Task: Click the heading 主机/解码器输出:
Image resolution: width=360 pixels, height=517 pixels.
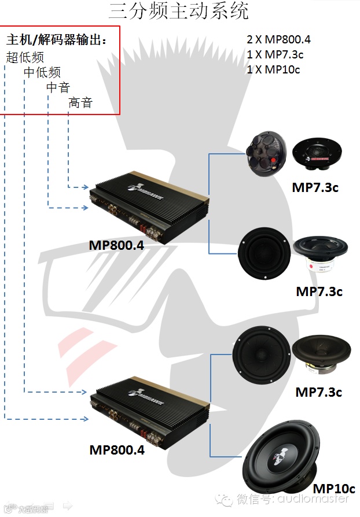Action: [x=56, y=40]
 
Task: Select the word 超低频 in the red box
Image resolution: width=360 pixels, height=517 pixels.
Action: [x=25, y=57]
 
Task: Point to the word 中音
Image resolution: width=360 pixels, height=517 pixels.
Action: [x=58, y=87]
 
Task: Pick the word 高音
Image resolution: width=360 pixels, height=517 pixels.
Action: [x=80, y=103]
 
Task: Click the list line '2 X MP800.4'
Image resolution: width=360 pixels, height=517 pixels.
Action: [x=278, y=39]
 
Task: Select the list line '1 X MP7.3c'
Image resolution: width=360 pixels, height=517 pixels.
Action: [x=275, y=54]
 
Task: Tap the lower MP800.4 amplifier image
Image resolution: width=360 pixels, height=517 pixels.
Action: [x=148, y=411]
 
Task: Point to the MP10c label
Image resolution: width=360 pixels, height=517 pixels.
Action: [x=333, y=489]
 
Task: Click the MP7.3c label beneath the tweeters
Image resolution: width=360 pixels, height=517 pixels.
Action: [x=315, y=188]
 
